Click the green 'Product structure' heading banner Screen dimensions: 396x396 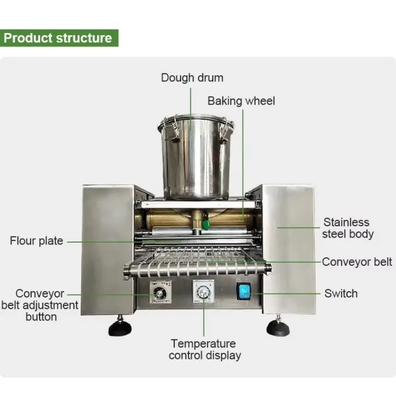pyautogui.click(x=59, y=38)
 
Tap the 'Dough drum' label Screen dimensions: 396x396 pyautogui.click(x=192, y=78)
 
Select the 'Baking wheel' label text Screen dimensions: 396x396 pyautogui.click(x=241, y=101)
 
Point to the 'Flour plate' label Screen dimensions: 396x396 pyautogui.click(x=36, y=241)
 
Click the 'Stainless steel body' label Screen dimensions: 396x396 pyautogui.click(x=347, y=228)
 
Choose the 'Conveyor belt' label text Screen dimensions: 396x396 pyautogui.click(x=357, y=262)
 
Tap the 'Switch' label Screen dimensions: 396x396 pyautogui.click(x=341, y=294)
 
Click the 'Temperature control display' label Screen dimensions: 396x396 pyautogui.click(x=205, y=349)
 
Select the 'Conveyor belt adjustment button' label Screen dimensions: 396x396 pyautogui.click(x=40, y=305)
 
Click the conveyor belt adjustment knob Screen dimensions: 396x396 pyautogui.click(x=159, y=293)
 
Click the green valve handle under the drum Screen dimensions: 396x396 pyautogui.click(x=206, y=224)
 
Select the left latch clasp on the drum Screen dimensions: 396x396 pyautogui.click(x=172, y=128)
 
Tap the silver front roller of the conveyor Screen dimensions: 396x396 pyautogui.click(x=197, y=270)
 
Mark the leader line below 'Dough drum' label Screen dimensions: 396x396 pyautogui.click(x=191, y=109)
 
